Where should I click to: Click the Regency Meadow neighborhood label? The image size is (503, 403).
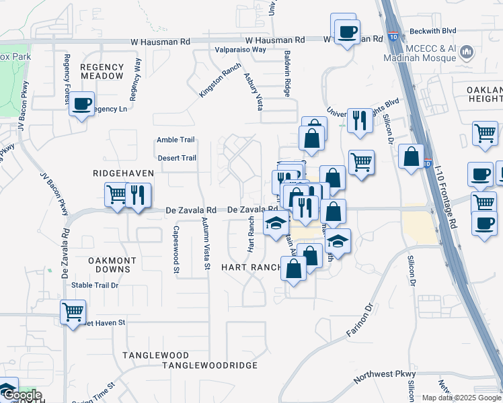point(102,72)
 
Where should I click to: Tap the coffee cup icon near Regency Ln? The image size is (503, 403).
point(82,104)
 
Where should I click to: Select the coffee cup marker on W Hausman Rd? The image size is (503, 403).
point(347,32)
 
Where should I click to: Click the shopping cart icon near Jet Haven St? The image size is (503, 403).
point(73,312)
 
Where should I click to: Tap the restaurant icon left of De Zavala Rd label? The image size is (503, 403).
point(138,195)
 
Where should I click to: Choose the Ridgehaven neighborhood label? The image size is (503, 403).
point(124,173)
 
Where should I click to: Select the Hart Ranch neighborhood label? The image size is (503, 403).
point(251,267)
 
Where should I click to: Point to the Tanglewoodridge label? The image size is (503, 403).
point(210,365)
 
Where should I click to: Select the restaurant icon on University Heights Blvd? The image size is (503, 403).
point(360,121)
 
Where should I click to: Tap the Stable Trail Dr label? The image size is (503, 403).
point(95,285)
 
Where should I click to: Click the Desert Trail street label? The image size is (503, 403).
point(176,159)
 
